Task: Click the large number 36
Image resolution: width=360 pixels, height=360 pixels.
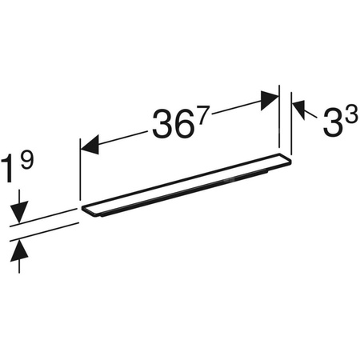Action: coord(170,125)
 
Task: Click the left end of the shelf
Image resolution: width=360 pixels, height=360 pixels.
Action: coord(85,210)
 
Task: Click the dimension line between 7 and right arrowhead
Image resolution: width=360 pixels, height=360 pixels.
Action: coord(236,107)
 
